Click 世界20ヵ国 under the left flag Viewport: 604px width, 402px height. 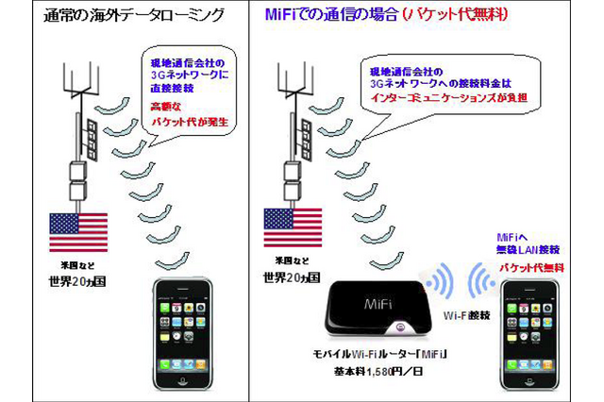coord(79,281)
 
